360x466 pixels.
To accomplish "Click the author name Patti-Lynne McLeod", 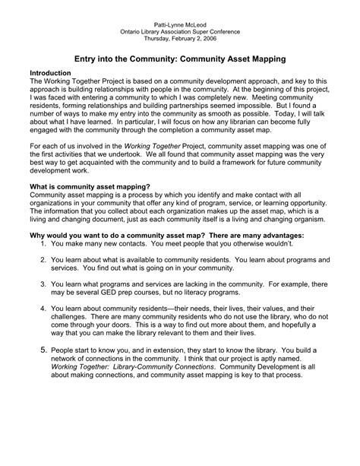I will pos(179,25).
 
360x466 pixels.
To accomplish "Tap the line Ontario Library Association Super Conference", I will pos(179,33).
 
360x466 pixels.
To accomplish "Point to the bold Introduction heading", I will pos(49,72).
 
